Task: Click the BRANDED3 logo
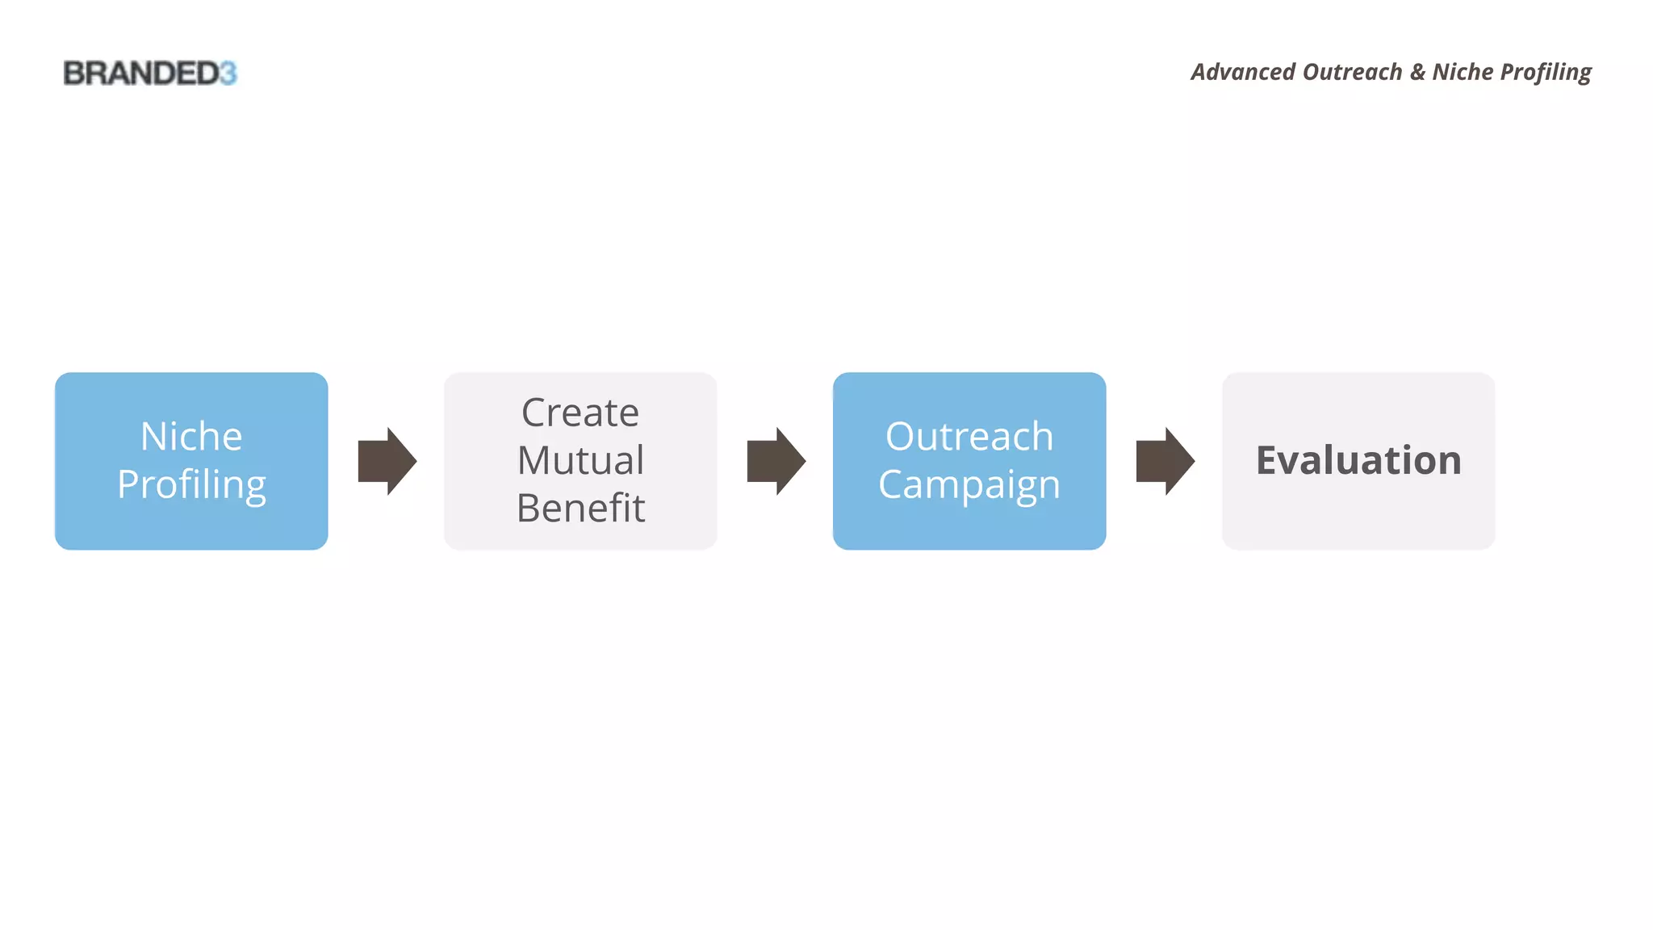149,73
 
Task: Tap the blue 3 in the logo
228,73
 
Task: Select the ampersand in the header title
1417,73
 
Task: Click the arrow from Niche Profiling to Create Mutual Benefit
387,461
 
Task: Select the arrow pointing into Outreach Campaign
776,461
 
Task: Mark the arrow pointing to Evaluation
1165,461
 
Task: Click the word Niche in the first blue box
191,437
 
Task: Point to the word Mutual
580,460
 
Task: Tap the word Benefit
580,508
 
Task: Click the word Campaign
969,485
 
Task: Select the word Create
580,413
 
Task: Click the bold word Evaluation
1358,460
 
